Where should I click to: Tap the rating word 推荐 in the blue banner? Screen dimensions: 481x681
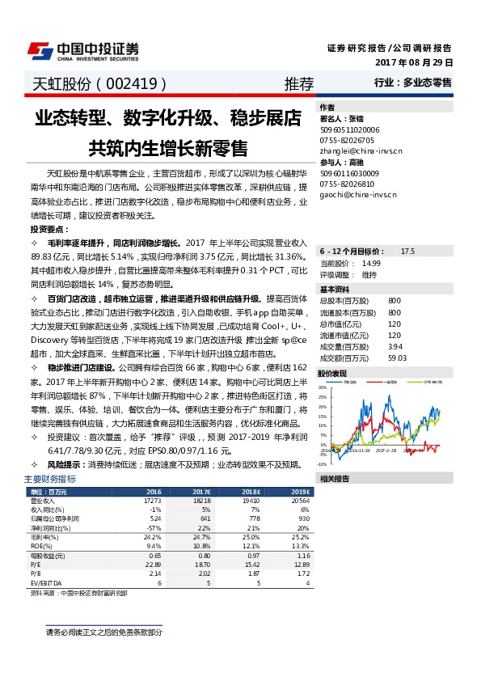[x=298, y=83]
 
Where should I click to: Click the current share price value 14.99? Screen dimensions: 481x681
[x=371, y=263]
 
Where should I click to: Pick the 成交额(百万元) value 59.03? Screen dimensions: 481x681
[x=396, y=357]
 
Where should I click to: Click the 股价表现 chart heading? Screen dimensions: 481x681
[x=332, y=374]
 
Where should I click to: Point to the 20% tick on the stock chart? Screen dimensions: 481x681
[x=324, y=387]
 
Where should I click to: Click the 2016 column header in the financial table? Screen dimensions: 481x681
[x=153, y=492]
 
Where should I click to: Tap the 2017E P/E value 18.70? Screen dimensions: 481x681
[x=200, y=565]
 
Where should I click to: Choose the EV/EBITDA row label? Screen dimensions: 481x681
[x=45, y=583]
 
